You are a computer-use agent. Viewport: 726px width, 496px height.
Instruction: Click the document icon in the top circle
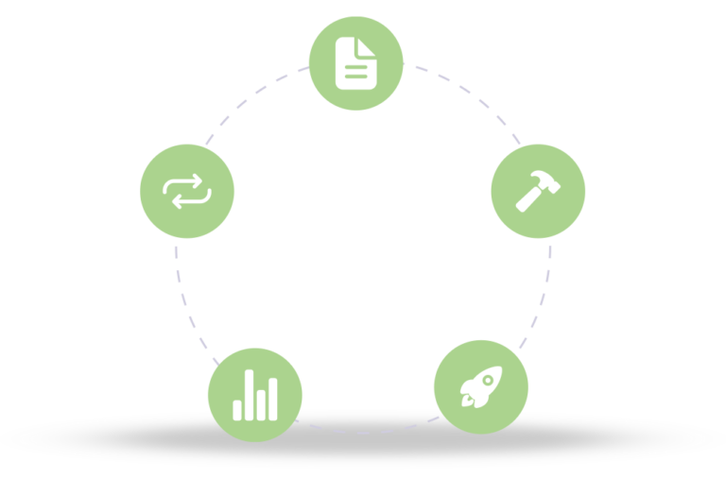pyautogui.click(x=356, y=63)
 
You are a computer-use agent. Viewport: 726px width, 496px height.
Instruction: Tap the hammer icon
pyautogui.click(x=538, y=190)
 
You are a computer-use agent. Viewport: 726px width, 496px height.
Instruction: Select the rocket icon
pyautogui.click(x=480, y=386)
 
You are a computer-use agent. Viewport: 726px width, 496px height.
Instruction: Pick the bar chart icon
pyautogui.click(x=255, y=395)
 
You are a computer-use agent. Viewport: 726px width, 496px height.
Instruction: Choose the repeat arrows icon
pyautogui.click(x=186, y=191)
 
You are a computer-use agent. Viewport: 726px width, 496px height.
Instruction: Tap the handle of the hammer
pyautogui.click(x=527, y=200)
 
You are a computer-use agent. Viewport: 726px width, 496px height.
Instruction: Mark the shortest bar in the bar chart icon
pyautogui.click(x=237, y=409)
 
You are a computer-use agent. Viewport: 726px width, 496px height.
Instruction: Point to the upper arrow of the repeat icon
pyautogui.click(x=187, y=182)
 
